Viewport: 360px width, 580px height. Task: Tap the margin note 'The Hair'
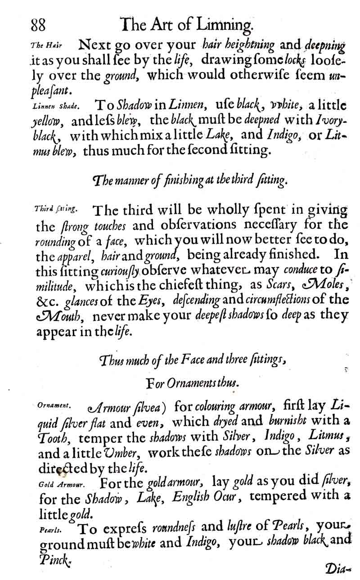tap(46, 46)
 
